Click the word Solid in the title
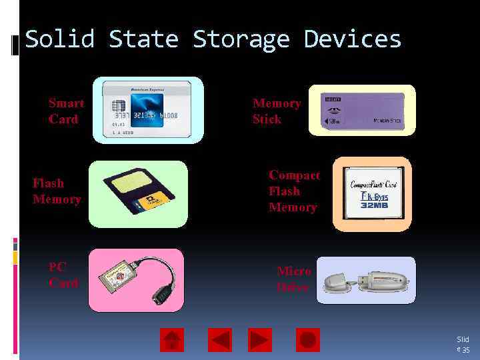59,39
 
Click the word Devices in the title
353,39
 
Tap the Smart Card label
66,111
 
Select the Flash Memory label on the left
57,191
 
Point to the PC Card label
63,275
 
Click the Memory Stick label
276,111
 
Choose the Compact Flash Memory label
293,191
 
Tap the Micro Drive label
293,279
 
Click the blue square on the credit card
147,109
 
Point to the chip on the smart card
119,107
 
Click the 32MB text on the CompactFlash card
374,205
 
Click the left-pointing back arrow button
220,340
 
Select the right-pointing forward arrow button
260,340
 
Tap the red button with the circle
307,340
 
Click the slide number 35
466,349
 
